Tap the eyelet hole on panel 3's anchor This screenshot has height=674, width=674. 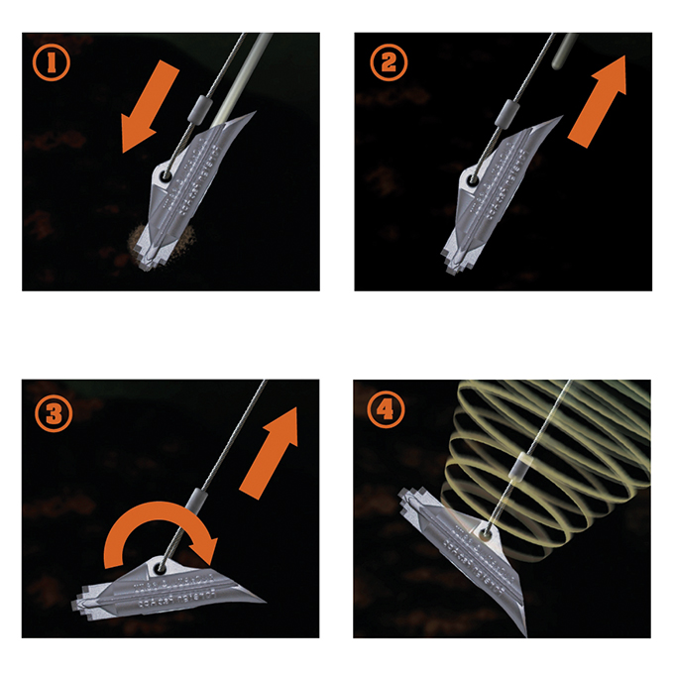158,566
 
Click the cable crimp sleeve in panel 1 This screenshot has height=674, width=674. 204,107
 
